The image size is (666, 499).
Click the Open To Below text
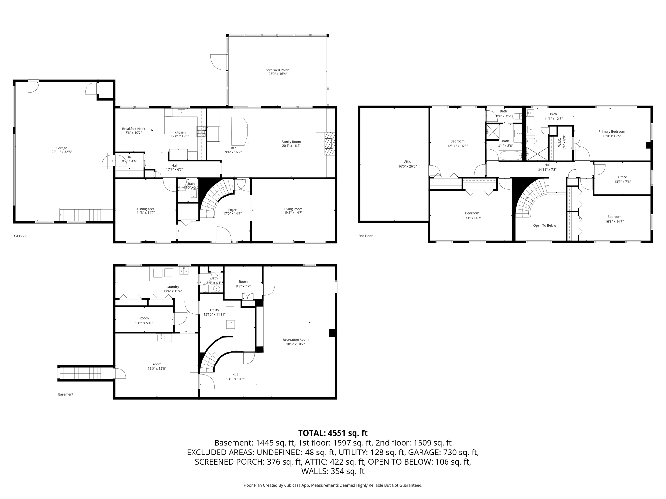(x=545, y=225)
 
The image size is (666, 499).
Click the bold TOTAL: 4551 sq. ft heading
(x=333, y=433)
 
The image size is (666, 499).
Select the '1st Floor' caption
(x=20, y=236)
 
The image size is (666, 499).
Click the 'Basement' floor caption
(x=66, y=394)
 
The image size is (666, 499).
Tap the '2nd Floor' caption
(x=366, y=236)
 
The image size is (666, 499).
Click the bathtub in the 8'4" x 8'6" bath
(x=510, y=155)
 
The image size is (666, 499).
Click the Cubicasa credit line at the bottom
(x=333, y=485)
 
